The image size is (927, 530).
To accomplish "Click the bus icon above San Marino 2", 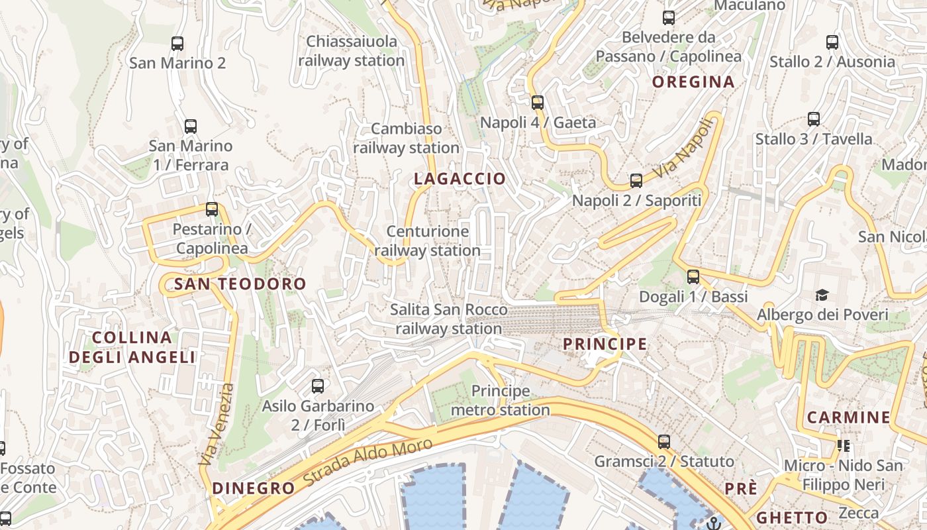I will coord(177,44).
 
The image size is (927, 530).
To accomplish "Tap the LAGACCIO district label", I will coord(460,179).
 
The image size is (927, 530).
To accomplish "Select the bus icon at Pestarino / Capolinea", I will coord(212,209).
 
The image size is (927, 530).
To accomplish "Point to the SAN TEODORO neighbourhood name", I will coord(240,284).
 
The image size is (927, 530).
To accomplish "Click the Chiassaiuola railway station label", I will coord(351,51).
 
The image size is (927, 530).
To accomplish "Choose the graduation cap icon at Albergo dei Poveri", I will coord(822,295).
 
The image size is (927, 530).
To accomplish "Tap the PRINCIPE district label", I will coord(605,344).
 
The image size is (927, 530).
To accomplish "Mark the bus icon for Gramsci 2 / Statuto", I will coord(664,442).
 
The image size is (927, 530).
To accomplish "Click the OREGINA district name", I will coord(693,81).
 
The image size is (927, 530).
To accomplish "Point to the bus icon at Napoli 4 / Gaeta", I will coord(538,103).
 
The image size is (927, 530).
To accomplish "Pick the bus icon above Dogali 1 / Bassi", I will coord(693,277).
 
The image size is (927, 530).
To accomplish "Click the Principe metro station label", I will coord(500,400).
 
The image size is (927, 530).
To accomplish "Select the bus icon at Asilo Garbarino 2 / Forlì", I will coord(318,386).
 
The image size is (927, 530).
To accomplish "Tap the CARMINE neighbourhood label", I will coord(848,417).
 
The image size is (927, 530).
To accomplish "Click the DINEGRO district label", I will coord(253,488).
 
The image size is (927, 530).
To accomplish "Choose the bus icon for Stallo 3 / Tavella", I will coord(814,119).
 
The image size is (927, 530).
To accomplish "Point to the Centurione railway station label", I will coord(428,241).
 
